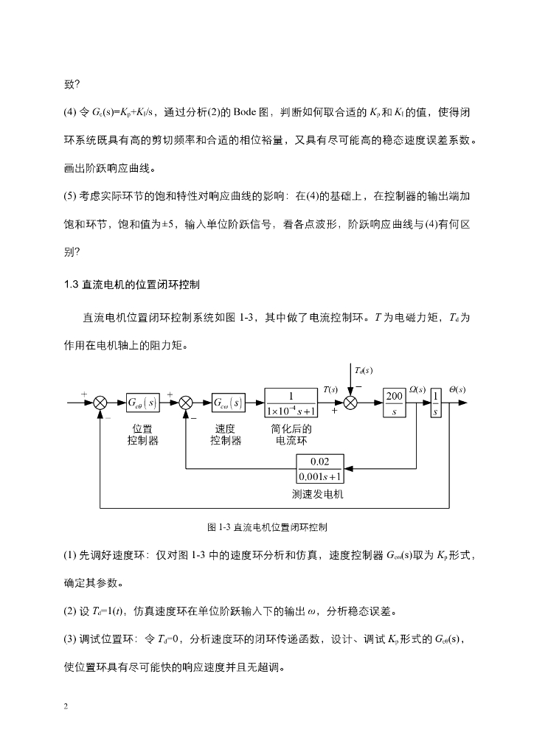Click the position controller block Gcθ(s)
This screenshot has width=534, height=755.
(142, 403)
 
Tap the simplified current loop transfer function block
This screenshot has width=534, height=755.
(291, 403)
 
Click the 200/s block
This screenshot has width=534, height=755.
(395, 403)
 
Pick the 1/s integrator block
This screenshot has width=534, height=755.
(436, 403)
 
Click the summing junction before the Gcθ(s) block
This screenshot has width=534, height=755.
(101, 403)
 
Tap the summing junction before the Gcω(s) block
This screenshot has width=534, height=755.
(186, 403)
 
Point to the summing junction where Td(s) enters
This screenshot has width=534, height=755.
(351, 403)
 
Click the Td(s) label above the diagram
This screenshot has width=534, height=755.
(364, 369)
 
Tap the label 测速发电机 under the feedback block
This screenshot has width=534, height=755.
(317, 494)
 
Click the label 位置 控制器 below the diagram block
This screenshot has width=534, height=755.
(142, 435)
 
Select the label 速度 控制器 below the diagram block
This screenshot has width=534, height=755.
(226, 435)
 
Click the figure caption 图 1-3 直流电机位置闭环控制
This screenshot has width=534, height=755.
(268, 528)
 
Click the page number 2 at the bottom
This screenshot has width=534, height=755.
(66, 706)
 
